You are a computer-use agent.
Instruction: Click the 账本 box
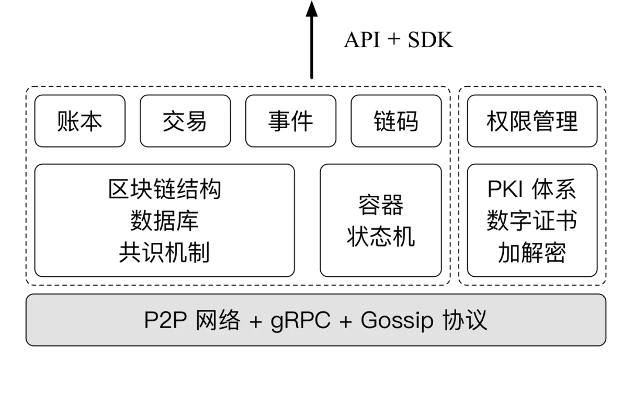coord(80,121)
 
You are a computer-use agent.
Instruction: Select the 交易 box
coord(185,121)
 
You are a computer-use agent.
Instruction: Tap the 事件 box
coord(290,121)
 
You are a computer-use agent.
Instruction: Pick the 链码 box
coord(396,121)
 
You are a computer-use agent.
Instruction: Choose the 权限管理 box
coord(532,121)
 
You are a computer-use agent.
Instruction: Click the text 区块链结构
coord(164,189)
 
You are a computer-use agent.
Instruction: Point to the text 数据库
coord(164,221)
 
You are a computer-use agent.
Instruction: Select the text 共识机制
coord(164,253)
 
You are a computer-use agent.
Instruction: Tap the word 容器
coord(381,205)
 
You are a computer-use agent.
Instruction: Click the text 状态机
coord(381,237)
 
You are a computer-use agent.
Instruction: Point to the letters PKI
coord(505,189)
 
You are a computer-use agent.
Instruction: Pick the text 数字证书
coord(532,221)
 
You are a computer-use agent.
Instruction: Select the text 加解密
coord(532,253)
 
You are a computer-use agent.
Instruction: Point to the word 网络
coord(218,320)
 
